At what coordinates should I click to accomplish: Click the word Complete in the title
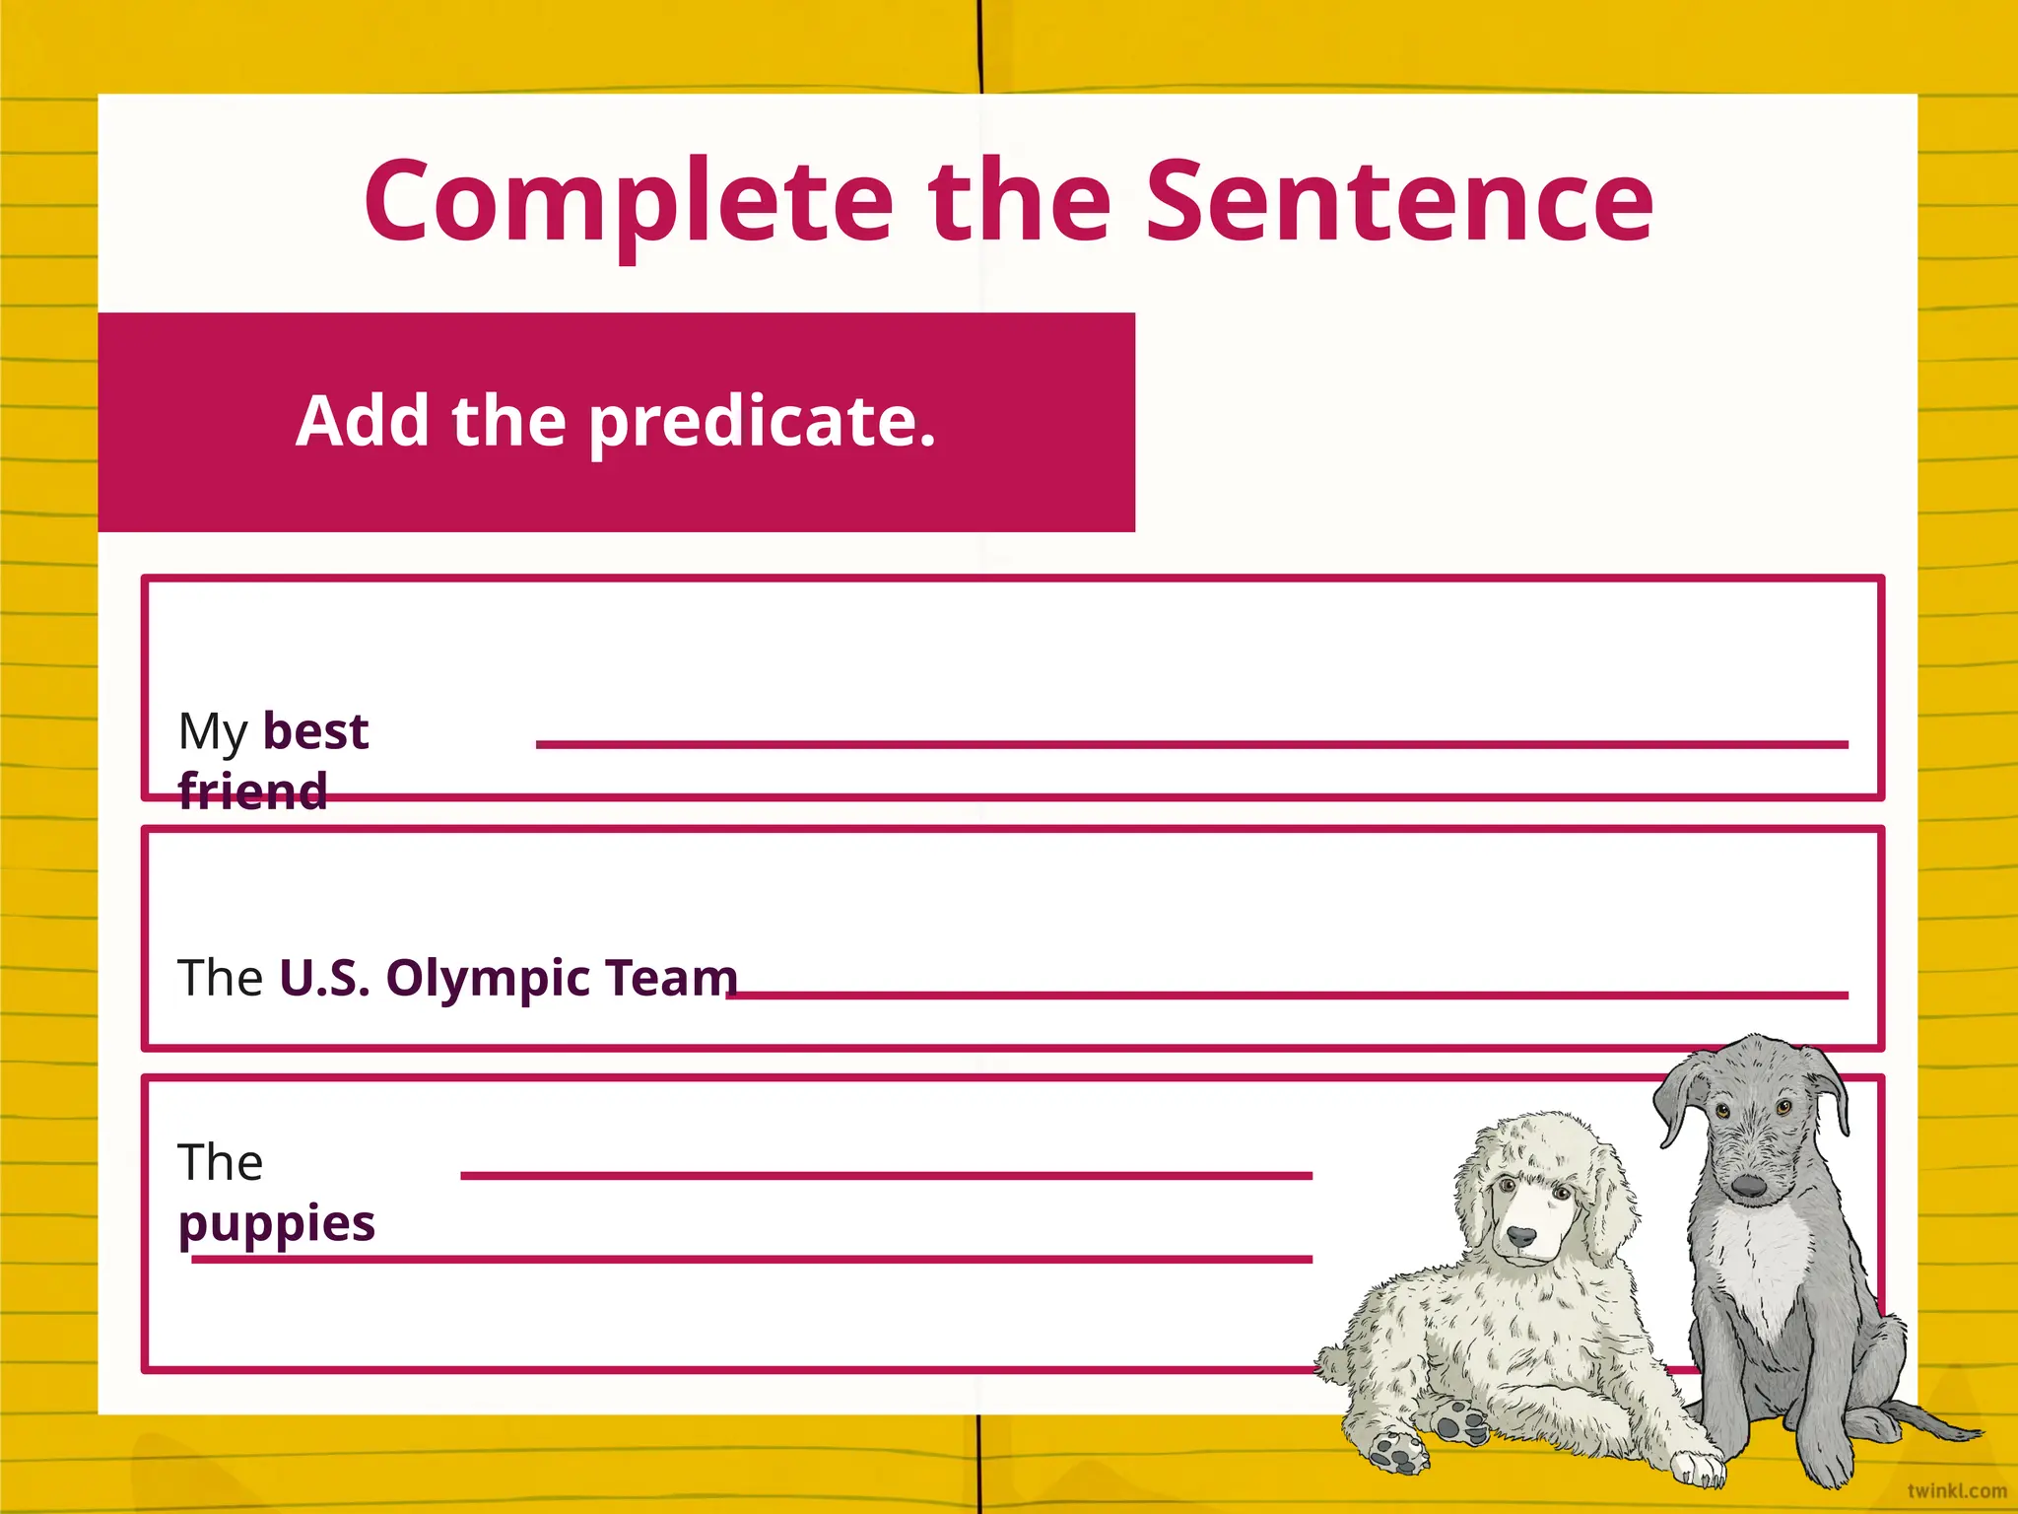coord(629,202)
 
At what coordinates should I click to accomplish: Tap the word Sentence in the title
coord(1399,202)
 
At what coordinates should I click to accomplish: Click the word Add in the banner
coord(362,421)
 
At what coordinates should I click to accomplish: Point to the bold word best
coord(315,731)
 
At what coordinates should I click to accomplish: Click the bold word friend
coord(253,791)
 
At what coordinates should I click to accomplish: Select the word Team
coord(671,978)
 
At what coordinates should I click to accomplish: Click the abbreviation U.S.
coord(325,978)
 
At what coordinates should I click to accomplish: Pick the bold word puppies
coord(277,1224)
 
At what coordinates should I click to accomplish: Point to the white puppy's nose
coord(1521,1236)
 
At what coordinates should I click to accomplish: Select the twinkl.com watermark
coord(1956,1491)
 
